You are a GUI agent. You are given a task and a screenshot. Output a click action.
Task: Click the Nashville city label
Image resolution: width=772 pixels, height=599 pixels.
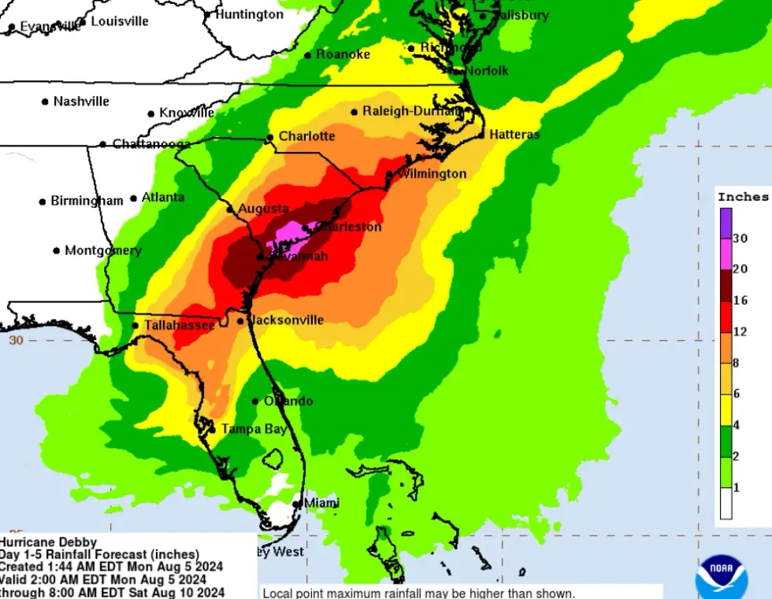point(81,102)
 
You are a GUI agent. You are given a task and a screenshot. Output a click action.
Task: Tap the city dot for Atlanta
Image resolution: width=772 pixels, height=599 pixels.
point(134,198)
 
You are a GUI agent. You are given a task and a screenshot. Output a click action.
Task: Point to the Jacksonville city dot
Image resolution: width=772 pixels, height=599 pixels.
point(240,320)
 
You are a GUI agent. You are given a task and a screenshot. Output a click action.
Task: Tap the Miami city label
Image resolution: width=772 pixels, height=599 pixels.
point(321,502)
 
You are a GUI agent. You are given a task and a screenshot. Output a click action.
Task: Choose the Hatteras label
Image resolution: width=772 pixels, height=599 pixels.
point(514,135)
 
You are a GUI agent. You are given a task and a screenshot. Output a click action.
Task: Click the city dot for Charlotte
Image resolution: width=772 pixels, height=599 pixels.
point(270,138)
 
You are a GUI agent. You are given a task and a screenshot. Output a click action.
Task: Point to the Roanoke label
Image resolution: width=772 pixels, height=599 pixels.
point(343,54)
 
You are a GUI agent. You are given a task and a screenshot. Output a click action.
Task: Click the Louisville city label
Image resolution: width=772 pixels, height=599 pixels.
point(120,21)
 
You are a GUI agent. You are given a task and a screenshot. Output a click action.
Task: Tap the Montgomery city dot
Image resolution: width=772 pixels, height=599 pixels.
point(57,251)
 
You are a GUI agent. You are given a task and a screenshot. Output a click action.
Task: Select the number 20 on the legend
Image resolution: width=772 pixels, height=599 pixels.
point(740,268)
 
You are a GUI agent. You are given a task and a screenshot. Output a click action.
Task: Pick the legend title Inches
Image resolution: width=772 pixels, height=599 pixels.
point(743,197)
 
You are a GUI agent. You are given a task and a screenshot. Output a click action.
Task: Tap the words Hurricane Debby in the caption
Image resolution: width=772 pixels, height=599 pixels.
point(49,542)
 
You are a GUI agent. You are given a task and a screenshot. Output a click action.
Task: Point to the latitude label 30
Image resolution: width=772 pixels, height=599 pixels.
point(16,340)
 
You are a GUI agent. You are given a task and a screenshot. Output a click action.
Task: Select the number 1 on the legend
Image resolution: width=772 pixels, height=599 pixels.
point(737,488)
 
